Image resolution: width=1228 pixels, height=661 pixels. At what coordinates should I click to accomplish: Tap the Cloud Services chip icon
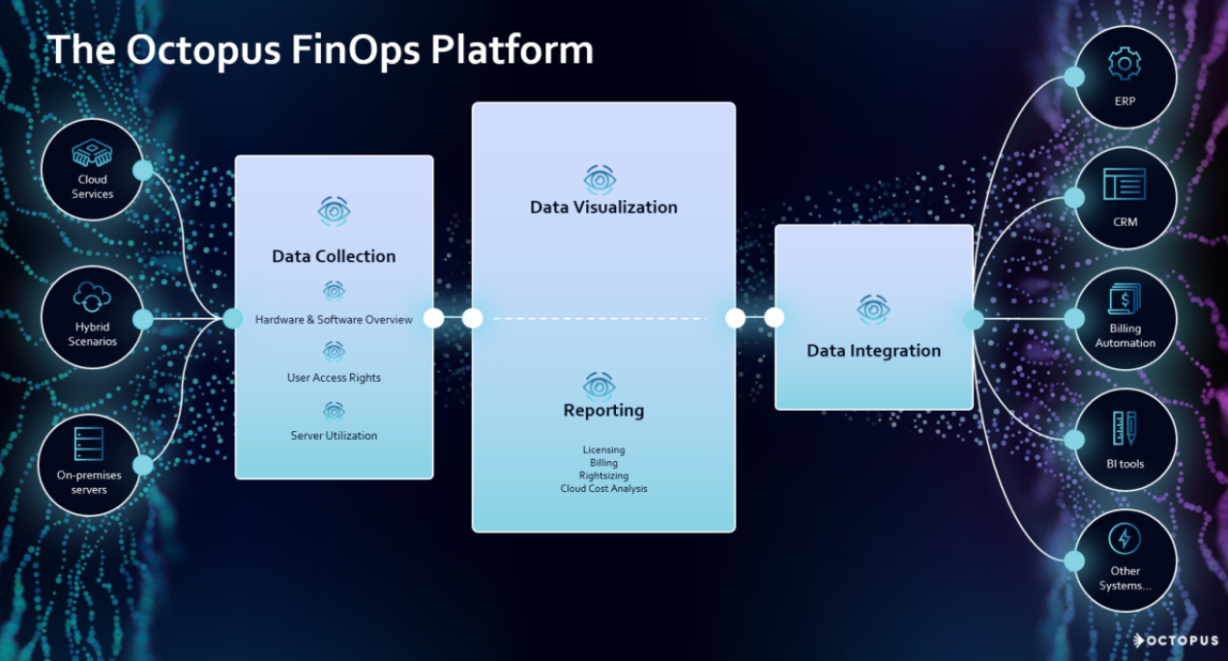point(93,154)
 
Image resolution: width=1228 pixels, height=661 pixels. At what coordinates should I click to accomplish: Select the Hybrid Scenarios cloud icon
point(93,296)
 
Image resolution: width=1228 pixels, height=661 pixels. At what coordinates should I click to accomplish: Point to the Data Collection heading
point(334,256)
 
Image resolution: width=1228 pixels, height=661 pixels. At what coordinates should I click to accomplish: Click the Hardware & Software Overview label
point(334,320)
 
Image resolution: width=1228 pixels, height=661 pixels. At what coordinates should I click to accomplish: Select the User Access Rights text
point(334,378)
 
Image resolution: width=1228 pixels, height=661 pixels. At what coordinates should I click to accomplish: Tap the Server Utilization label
point(334,436)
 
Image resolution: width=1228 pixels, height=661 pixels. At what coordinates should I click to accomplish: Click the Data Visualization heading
point(603,207)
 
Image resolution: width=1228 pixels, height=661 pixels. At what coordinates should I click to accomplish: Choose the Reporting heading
point(603,411)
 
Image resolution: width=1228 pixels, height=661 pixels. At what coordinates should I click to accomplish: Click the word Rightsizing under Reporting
point(603,476)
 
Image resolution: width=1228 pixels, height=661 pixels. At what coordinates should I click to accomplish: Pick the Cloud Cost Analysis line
point(603,489)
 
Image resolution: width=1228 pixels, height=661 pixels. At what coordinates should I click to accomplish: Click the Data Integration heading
point(873,351)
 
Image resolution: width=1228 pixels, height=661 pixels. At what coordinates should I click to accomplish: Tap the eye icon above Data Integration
point(873,309)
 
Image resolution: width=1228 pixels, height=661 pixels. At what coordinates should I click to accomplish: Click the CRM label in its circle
point(1125,222)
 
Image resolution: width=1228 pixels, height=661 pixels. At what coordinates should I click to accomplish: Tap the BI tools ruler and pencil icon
point(1125,428)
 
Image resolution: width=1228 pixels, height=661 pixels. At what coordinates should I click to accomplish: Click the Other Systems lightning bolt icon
point(1125,538)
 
